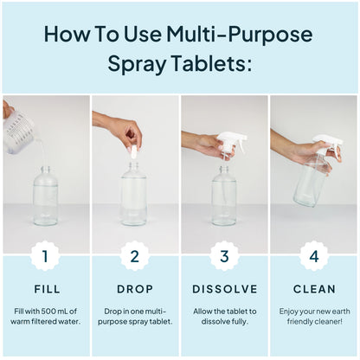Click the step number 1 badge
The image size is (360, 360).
click(x=45, y=255)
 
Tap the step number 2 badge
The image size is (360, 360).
click(x=134, y=255)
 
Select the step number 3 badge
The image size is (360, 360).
click(x=224, y=255)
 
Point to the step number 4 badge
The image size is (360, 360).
click(x=313, y=255)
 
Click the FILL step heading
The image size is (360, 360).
click(x=45, y=289)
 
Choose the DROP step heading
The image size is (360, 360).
click(x=134, y=289)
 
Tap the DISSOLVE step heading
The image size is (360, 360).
click(x=224, y=289)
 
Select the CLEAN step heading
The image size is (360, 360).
click(x=313, y=289)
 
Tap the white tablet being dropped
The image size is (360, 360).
click(x=133, y=152)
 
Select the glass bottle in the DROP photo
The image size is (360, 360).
click(x=133, y=195)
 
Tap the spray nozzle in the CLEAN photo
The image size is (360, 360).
click(x=326, y=143)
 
